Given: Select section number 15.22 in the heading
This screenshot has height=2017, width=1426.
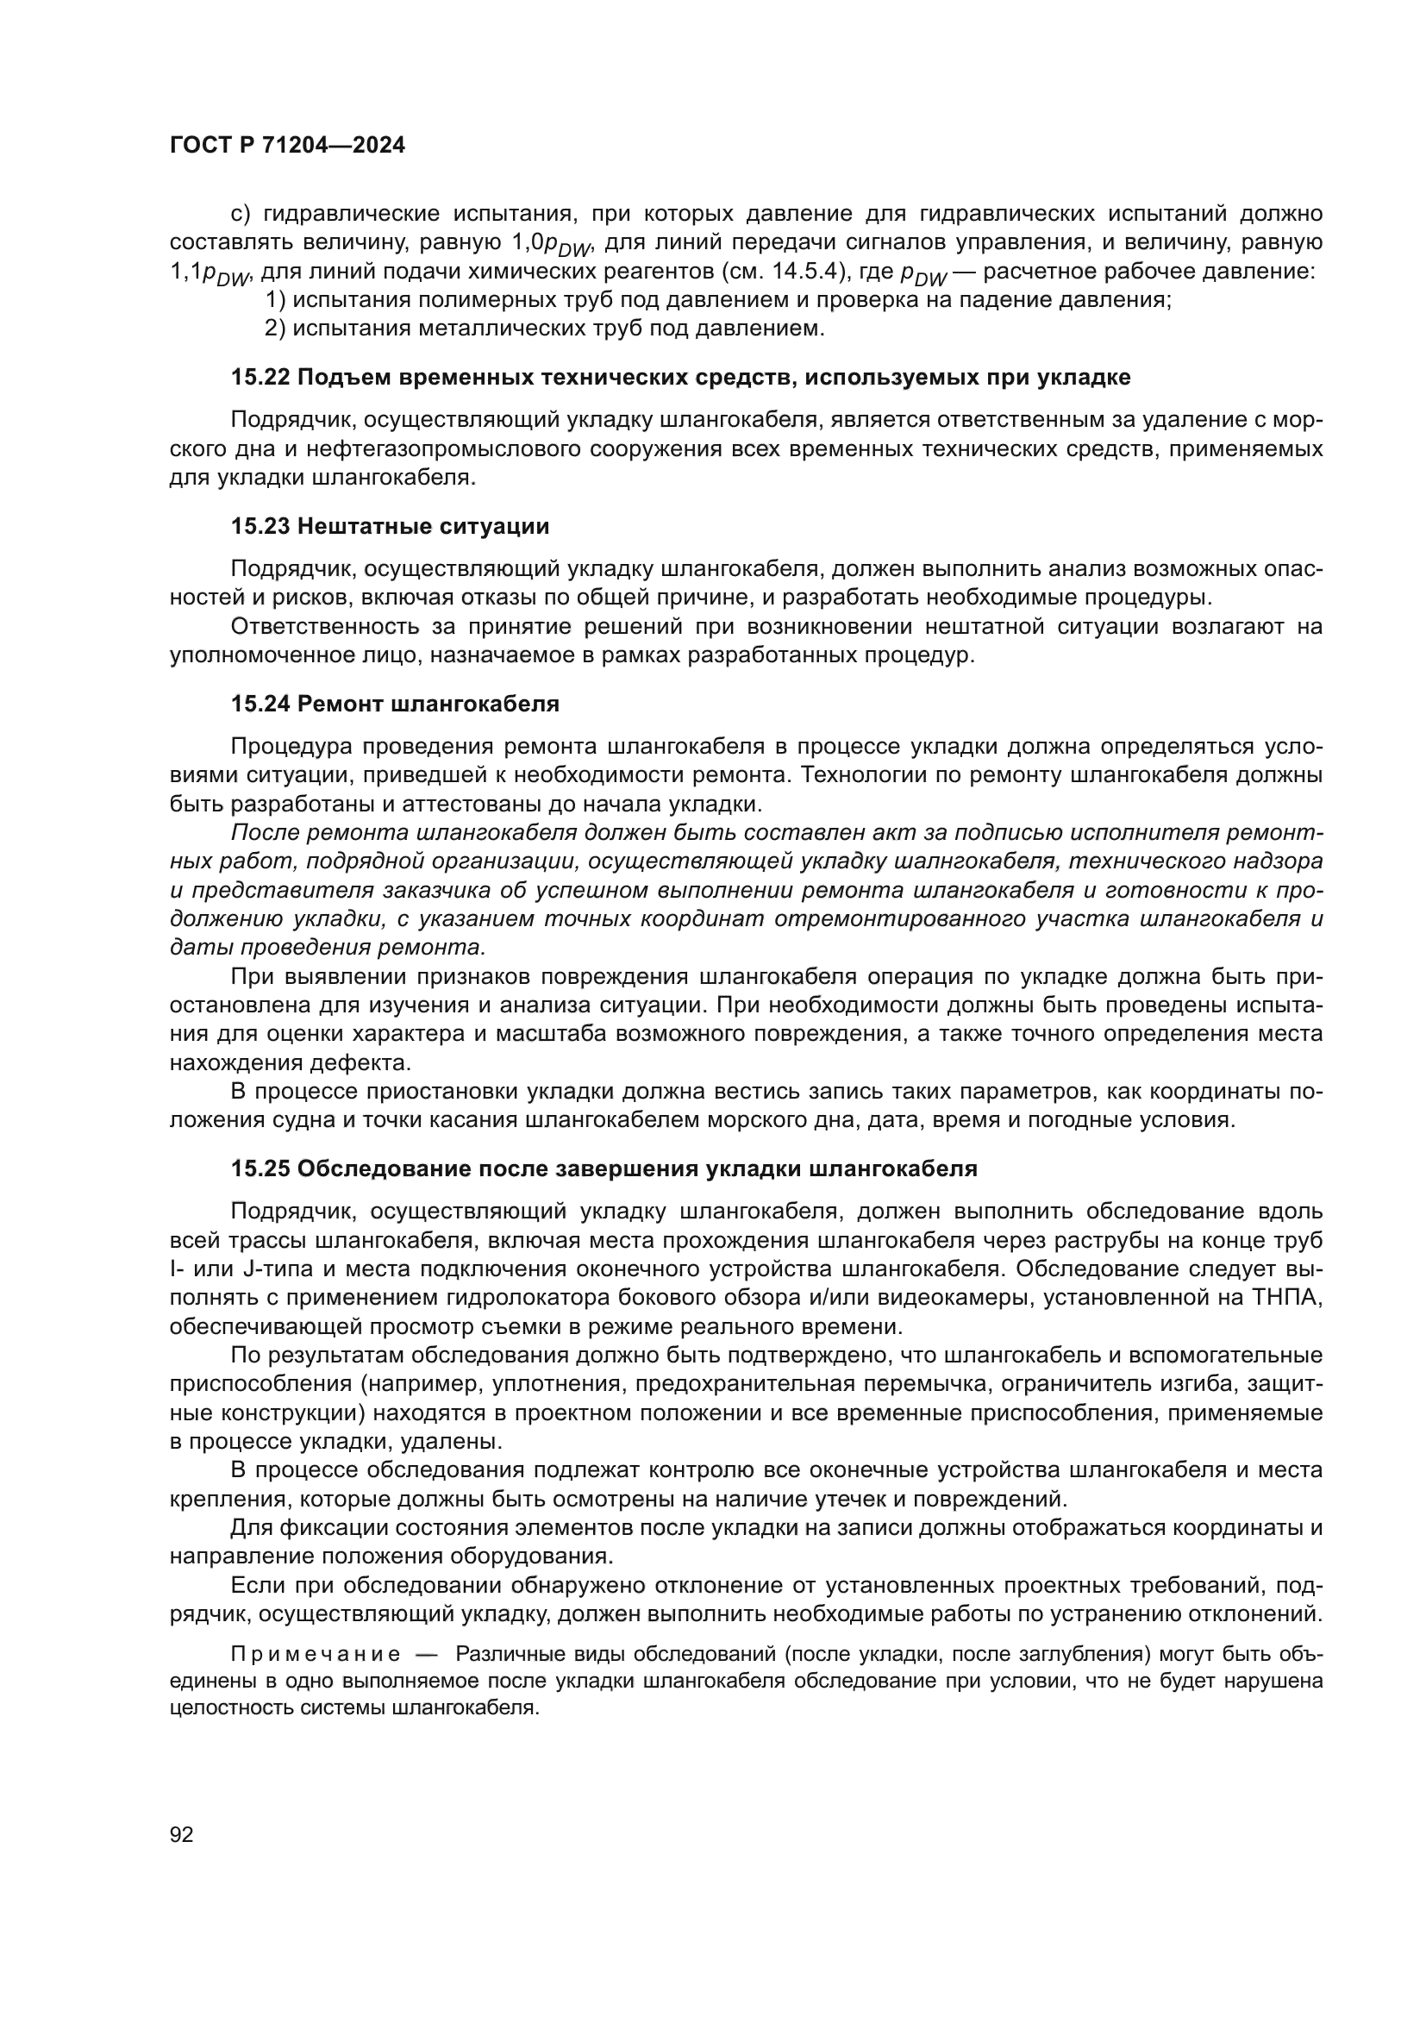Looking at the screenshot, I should (x=260, y=378).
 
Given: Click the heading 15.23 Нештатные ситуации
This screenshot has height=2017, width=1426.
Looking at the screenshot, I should (x=390, y=526).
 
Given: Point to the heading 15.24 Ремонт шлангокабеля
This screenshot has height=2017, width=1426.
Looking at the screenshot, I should (x=395, y=704).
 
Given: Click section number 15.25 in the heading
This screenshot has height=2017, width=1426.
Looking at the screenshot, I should (x=260, y=1169).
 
